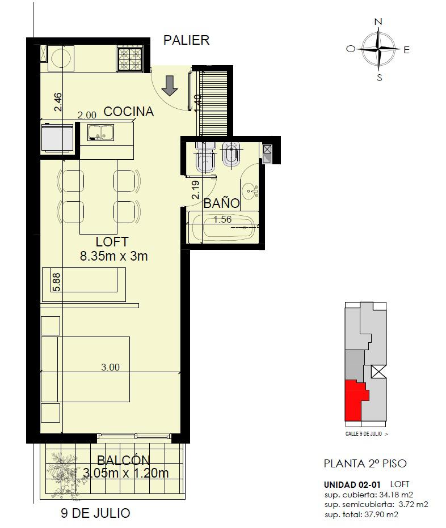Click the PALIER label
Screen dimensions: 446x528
pos(186,40)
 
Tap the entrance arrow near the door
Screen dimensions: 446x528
pos(169,86)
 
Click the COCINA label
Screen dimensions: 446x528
pos(129,112)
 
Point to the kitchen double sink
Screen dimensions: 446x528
pos(101,132)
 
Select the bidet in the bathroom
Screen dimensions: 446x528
pos(232,155)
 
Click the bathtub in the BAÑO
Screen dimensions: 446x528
pos(223,227)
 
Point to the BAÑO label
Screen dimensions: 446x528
pos(222,203)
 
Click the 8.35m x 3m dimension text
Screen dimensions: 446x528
pos(114,256)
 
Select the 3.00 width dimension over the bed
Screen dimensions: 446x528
pos(110,367)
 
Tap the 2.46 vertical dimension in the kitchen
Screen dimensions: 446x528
pos(58,102)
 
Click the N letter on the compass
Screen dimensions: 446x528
pos(378,22)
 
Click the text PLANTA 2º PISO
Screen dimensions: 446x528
pos(365,463)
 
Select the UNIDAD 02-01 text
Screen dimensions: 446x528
pos(352,485)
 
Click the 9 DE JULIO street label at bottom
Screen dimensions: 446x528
pos(95,513)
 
